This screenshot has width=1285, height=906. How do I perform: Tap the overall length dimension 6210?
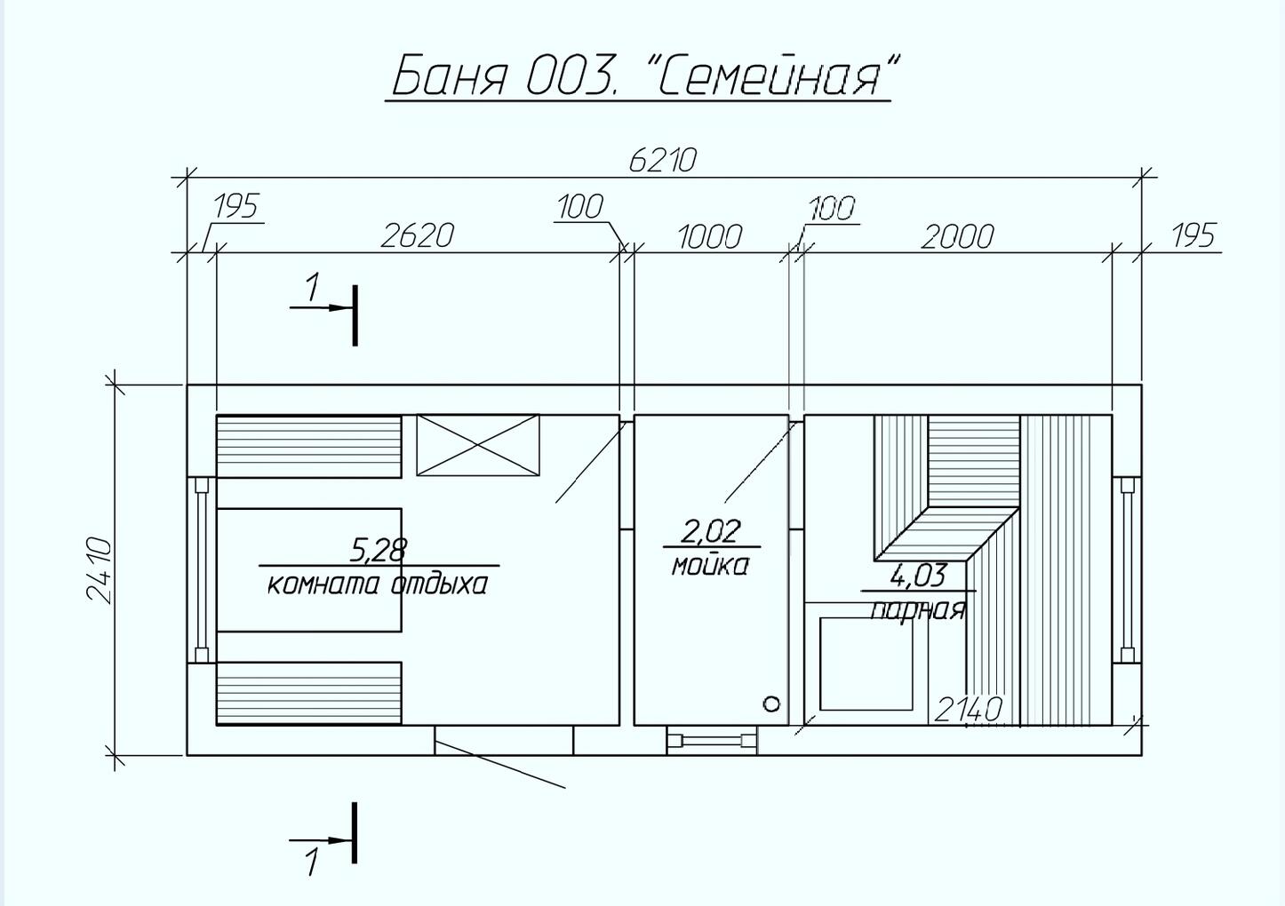(x=662, y=160)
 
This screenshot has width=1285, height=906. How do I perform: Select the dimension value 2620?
(x=417, y=235)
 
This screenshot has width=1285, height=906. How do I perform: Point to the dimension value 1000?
(x=709, y=237)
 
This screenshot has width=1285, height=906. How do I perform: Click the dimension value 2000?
(x=956, y=237)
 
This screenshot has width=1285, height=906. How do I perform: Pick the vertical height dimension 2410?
(x=99, y=569)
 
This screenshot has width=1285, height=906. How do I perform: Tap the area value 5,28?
(x=378, y=550)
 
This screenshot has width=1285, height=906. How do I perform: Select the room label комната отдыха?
(x=378, y=584)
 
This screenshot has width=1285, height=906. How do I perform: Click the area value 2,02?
(x=710, y=531)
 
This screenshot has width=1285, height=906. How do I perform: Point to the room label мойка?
(x=710, y=565)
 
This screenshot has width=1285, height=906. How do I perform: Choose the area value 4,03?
(x=917, y=576)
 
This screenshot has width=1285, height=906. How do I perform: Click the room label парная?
(x=917, y=609)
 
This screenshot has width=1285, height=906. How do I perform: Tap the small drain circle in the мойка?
(x=771, y=704)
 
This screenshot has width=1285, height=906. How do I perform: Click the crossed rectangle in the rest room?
(x=478, y=445)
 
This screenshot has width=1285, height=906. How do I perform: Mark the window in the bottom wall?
(x=711, y=740)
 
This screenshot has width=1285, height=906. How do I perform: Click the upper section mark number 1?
(x=312, y=288)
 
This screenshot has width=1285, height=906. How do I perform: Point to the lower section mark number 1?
(x=312, y=862)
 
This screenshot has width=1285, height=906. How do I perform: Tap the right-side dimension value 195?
(x=1193, y=236)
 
